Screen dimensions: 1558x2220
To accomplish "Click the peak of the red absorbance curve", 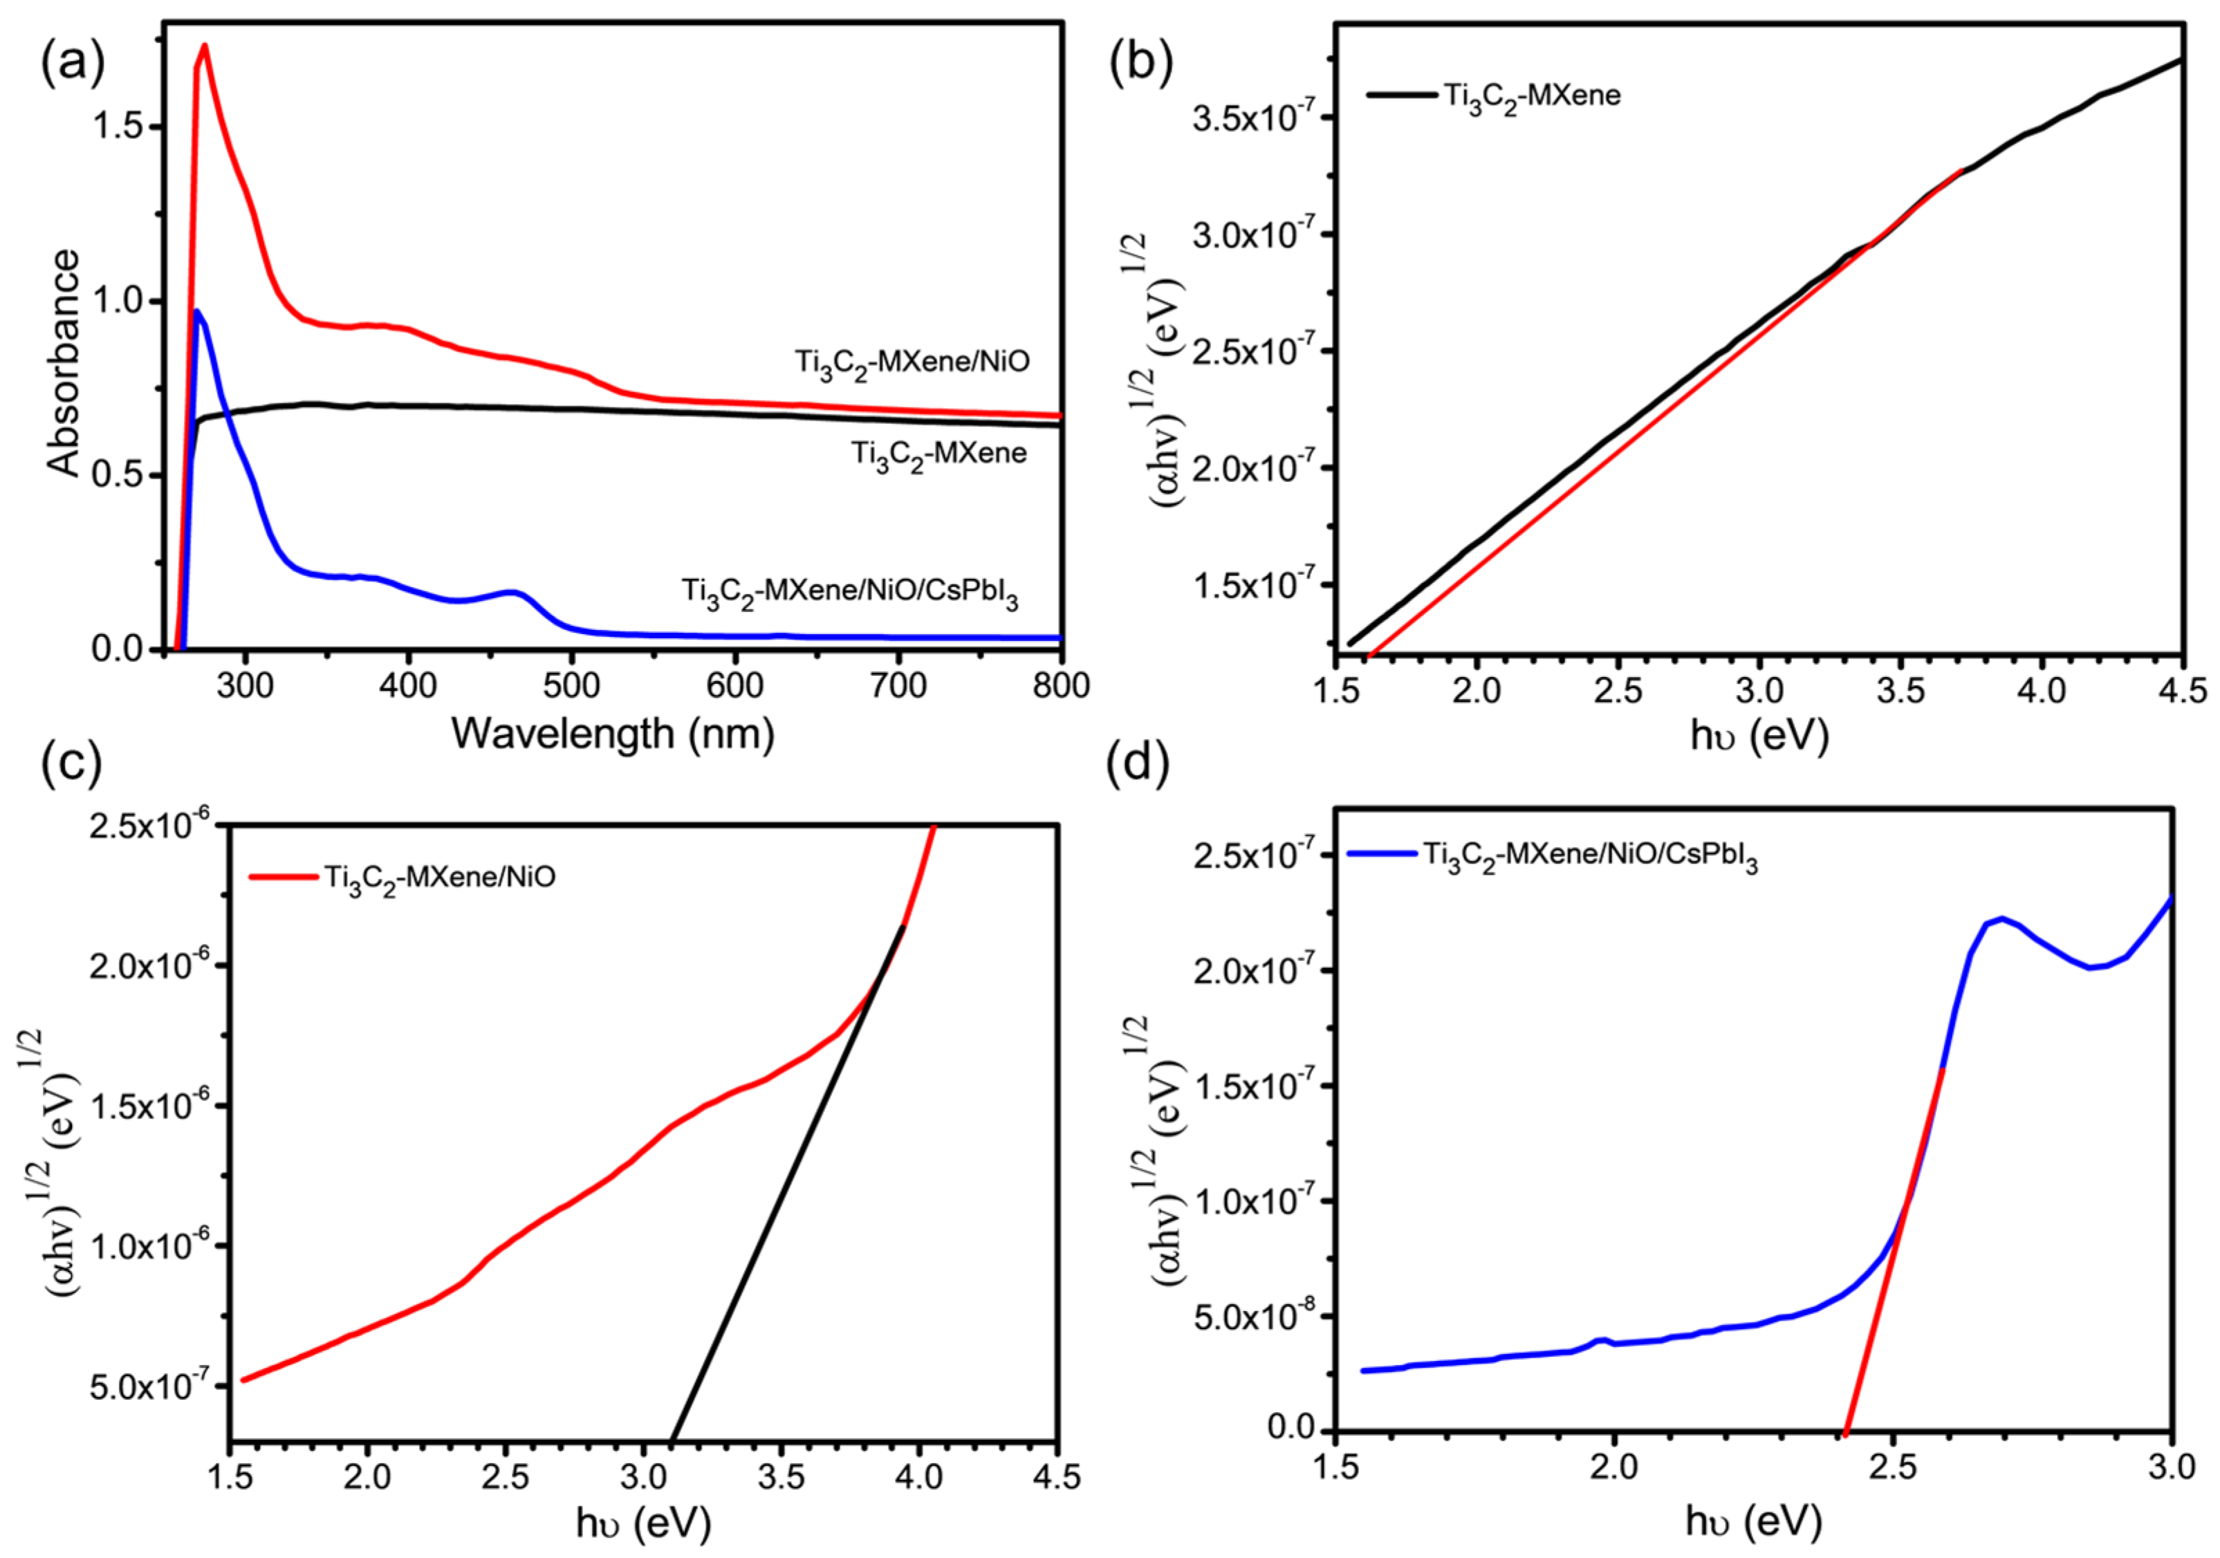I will pos(204,46).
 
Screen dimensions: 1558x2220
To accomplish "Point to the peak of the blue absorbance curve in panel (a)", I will pos(197,311).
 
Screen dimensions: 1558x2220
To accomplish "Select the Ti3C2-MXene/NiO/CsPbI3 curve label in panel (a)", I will pos(850,592).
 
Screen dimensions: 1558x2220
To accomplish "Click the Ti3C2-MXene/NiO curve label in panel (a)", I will pos(912,362).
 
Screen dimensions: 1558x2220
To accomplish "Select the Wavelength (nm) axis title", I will pos(613,734).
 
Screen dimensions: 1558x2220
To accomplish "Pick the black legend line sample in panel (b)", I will pos(1401,95).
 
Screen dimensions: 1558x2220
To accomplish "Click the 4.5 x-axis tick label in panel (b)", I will pos(2181,691).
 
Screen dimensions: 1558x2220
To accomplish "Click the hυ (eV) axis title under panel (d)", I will pos(1753,1521).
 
